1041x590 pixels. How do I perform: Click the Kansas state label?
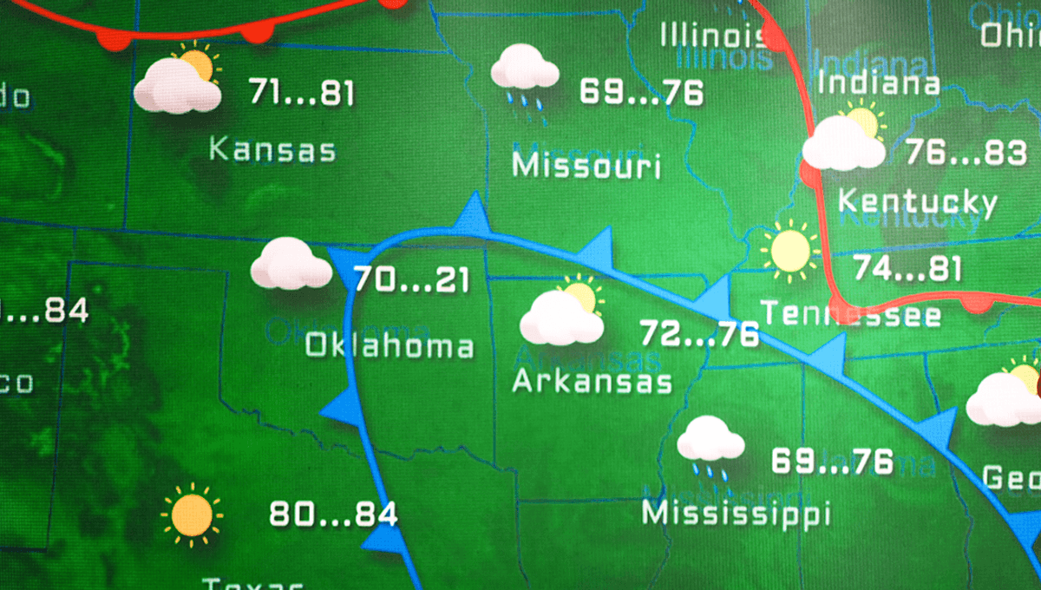tap(272, 149)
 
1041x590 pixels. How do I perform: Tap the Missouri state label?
tap(586, 165)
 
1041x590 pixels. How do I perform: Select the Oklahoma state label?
tap(390, 346)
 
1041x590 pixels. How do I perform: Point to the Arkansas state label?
tap(593, 381)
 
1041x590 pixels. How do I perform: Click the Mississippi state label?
tap(736, 513)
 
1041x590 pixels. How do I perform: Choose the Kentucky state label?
tap(917, 202)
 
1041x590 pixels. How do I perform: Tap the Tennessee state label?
tap(850, 313)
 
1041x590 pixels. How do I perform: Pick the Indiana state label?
tap(879, 83)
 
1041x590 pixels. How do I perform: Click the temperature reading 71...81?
tap(301, 92)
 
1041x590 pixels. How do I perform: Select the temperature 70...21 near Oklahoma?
tap(412, 280)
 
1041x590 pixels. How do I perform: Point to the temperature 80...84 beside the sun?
tap(333, 515)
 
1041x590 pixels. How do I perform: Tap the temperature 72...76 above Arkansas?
tap(699, 333)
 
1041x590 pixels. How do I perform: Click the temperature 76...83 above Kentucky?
tap(966, 153)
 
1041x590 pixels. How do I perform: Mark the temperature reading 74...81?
tap(907, 268)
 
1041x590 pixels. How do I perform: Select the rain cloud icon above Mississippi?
tap(710, 445)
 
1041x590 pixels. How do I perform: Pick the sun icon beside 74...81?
tap(790, 250)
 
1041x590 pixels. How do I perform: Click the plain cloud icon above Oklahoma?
tap(291, 265)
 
